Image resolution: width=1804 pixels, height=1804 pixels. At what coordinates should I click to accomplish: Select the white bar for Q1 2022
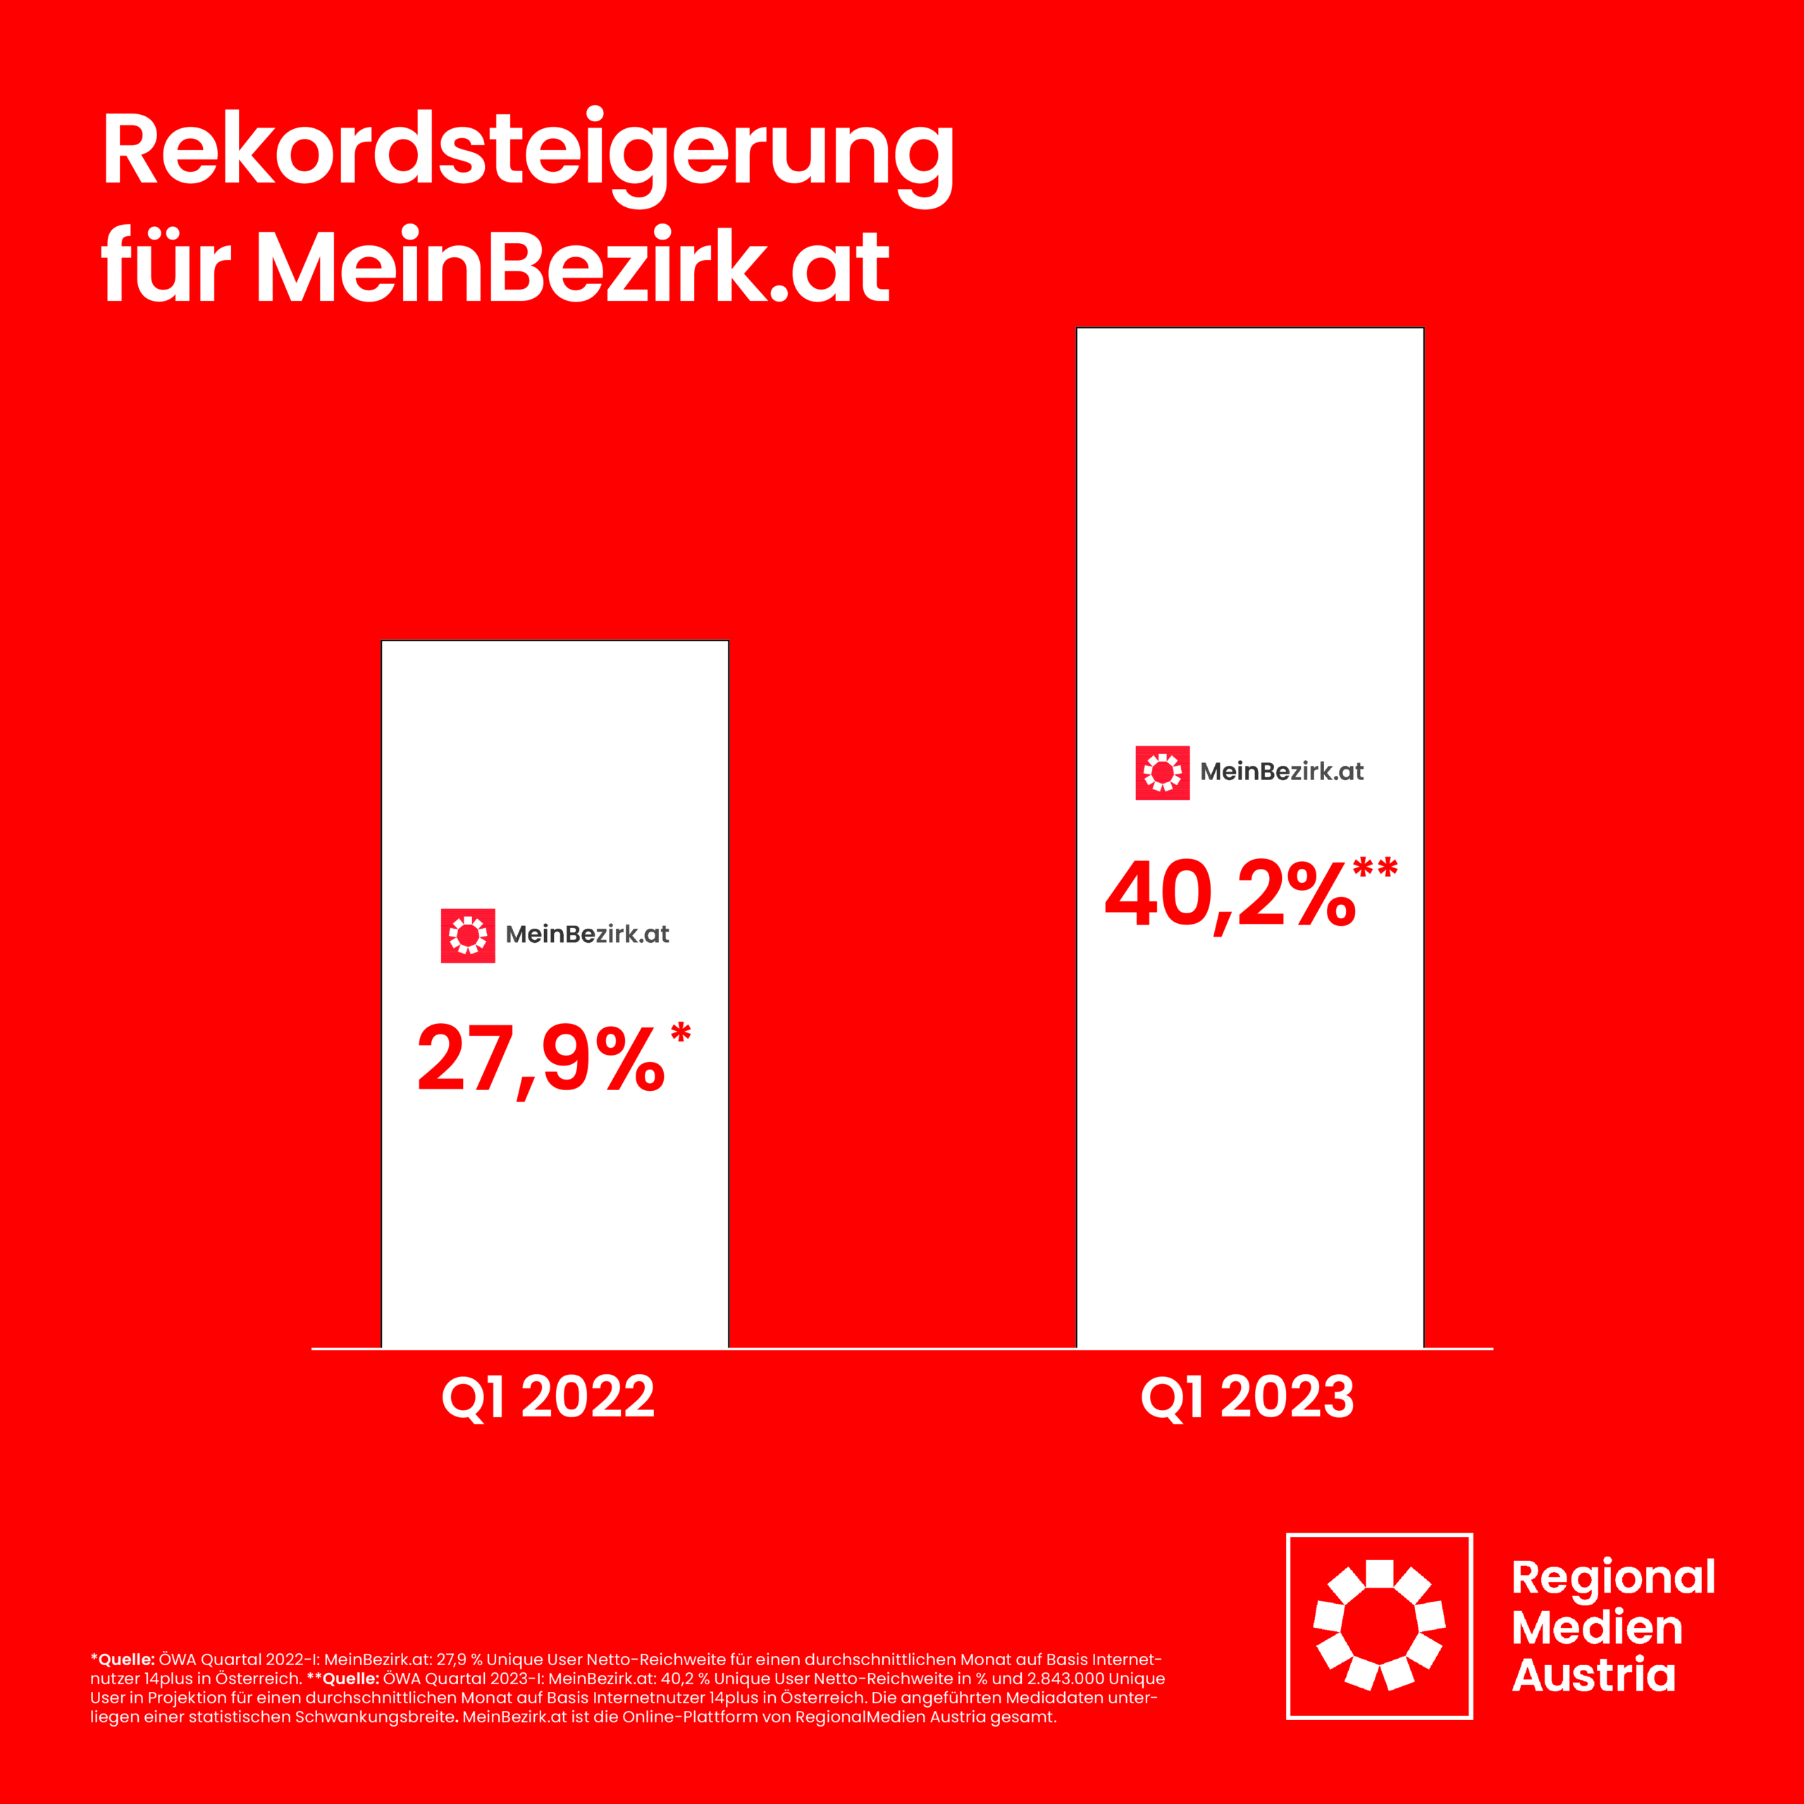tap(555, 1214)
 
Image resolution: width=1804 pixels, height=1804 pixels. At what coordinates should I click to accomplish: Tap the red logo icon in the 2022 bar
tap(468, 934)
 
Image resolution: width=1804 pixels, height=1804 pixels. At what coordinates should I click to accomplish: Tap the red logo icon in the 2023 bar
tap(1163, 772)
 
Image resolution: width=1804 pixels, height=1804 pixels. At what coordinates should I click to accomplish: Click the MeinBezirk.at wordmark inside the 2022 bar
tap(587, 934)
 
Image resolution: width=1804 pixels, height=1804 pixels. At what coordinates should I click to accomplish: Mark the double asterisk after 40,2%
tap(1376, 868)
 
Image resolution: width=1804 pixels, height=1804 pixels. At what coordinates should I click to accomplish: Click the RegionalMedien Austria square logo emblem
tap(1379, 1626)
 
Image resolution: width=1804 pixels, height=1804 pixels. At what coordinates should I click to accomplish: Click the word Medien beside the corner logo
tap(1597, 1628)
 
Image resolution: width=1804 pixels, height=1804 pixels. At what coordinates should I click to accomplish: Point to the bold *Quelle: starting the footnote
tap(123, 1660)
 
